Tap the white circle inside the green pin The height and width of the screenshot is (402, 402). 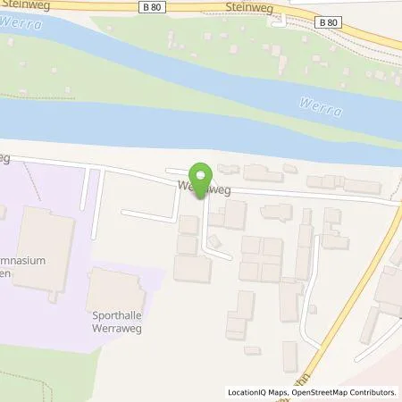pyautogui.click(x=201, y=173)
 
